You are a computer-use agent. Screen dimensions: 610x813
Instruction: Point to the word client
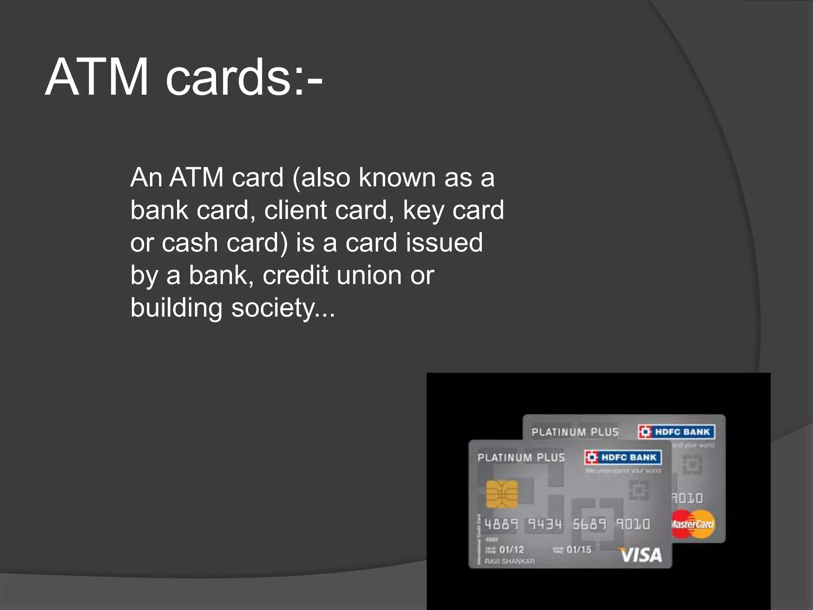(295, 210)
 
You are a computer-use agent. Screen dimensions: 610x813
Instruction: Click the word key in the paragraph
(423, 210)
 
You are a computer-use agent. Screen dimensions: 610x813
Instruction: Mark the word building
(176, 308)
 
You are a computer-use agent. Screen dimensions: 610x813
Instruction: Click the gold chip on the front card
(502, 494)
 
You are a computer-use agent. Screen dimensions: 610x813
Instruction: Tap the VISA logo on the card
(640, 555)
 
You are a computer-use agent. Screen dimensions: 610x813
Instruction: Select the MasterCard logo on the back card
(693, 524)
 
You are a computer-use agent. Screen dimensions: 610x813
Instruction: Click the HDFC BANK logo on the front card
(623, 457)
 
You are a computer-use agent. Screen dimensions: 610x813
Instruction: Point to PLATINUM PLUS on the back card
(575, 432)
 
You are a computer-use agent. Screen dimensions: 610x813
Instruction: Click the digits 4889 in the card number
(501, 524)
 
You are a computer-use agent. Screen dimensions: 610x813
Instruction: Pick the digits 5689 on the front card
(589, 524)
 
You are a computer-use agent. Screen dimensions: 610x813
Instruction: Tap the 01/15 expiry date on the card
(579, 550)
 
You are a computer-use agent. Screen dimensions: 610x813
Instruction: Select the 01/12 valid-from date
(512, 550)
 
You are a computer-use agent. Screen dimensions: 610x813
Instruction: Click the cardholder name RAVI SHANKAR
(510, 562)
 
